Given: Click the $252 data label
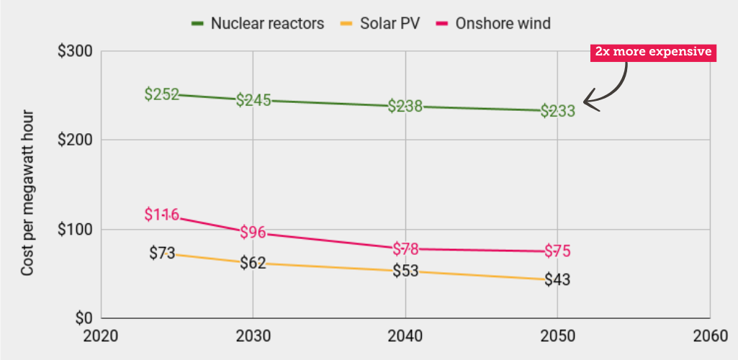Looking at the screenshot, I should (x=161, y=94).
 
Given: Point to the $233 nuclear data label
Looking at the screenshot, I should (x=558, y=111).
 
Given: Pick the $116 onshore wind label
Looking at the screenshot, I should (x=161, y=214).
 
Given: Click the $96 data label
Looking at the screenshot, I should (x=253, y=233).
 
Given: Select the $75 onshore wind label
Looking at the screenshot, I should (x=558, y=251).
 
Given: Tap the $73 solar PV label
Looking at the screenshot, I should (x=163, y=253).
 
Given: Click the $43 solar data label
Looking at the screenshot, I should (x=557, y=279).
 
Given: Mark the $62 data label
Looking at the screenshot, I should (x=253, y=263).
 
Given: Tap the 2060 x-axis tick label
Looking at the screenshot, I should (x=709, y=336).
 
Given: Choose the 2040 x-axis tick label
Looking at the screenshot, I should (x=405, y=336).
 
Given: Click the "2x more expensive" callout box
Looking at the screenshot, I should (x=653, y=52).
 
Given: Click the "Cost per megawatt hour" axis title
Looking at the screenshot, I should (x=27, y=193).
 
